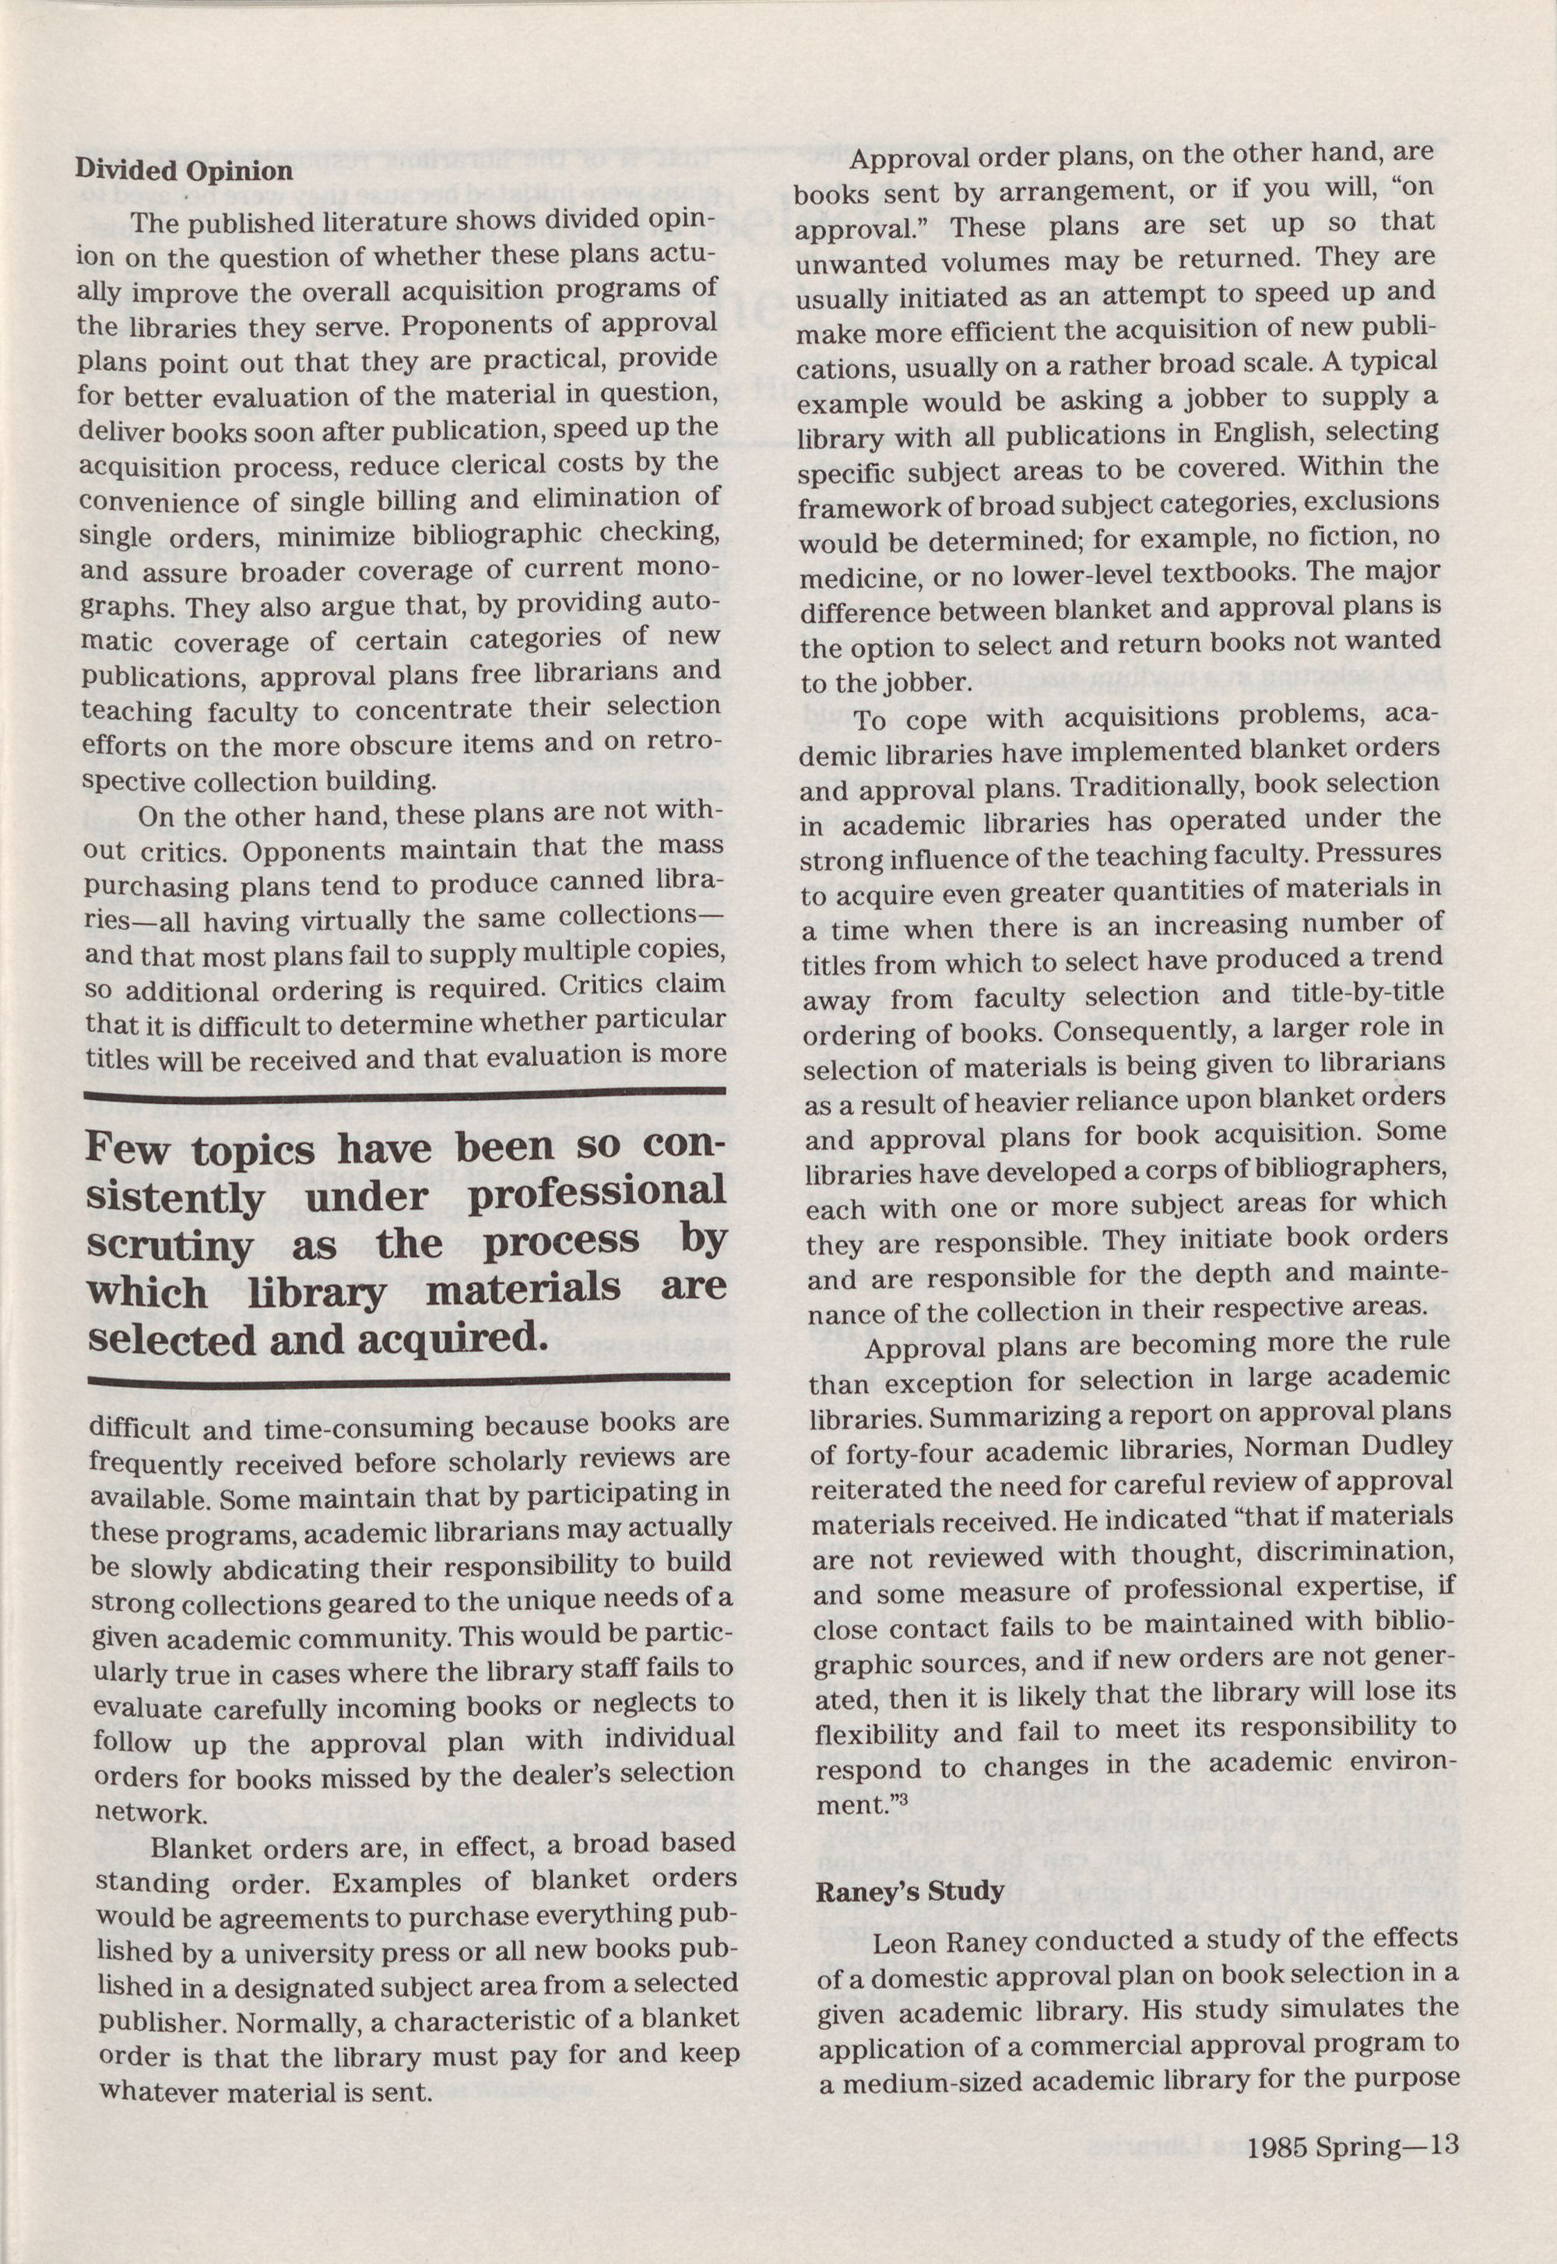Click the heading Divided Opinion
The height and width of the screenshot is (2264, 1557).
pos(184,171)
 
